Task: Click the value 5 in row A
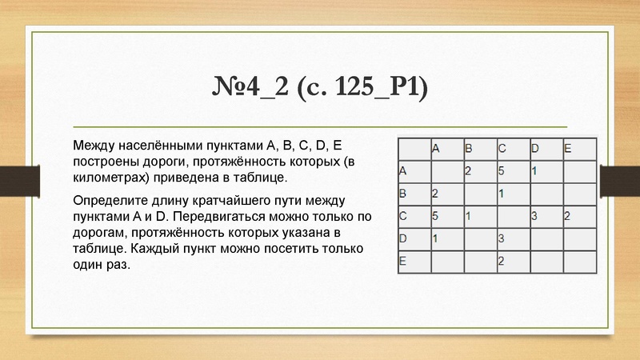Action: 501,170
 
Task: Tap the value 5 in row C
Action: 435,215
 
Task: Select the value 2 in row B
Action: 435,193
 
